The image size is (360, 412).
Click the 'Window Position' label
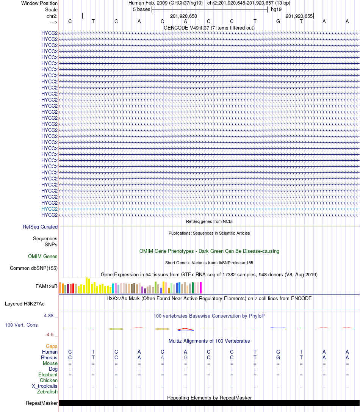click(x=39, y=3)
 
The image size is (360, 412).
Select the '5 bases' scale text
click(x=141, y=9)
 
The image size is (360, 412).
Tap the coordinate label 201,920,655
click(x=299, y=16)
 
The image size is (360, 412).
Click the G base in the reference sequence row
click(x=278, y=21)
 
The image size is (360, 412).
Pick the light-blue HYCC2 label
click(x=49, y=209)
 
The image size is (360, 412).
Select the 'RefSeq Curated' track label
click(x=40, y=227)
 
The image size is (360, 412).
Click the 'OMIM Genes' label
click(x=43, y=257)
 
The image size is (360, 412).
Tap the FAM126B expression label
click(x=47, y=286)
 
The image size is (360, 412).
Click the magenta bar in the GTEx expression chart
click(x=201, y=288)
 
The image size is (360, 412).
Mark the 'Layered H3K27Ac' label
click(x=25, y=304)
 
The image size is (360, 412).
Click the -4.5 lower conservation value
click(x=50, y=335)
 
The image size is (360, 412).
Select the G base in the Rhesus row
click(x=185, y=357)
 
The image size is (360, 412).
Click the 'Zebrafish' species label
click(x=47, y=392)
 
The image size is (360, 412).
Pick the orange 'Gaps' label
click(x=52, y=346)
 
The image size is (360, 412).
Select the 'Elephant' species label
click(x=48, y=374)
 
